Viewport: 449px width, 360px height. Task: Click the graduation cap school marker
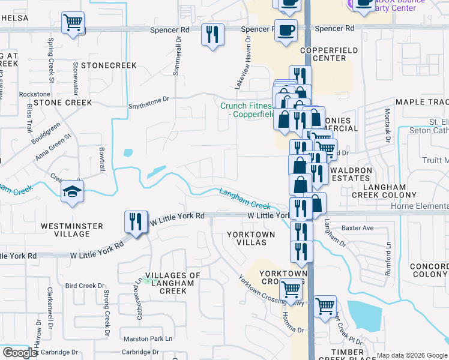[72, 193]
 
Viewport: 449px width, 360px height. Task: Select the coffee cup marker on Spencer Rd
[286, 29]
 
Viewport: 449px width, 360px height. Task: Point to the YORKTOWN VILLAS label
[251, 238]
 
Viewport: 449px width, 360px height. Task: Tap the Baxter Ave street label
[357, 228]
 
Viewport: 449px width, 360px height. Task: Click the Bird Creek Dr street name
[84, 286]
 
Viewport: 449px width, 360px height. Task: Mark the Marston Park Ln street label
[152, 339]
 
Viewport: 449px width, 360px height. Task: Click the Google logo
[20, 353]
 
